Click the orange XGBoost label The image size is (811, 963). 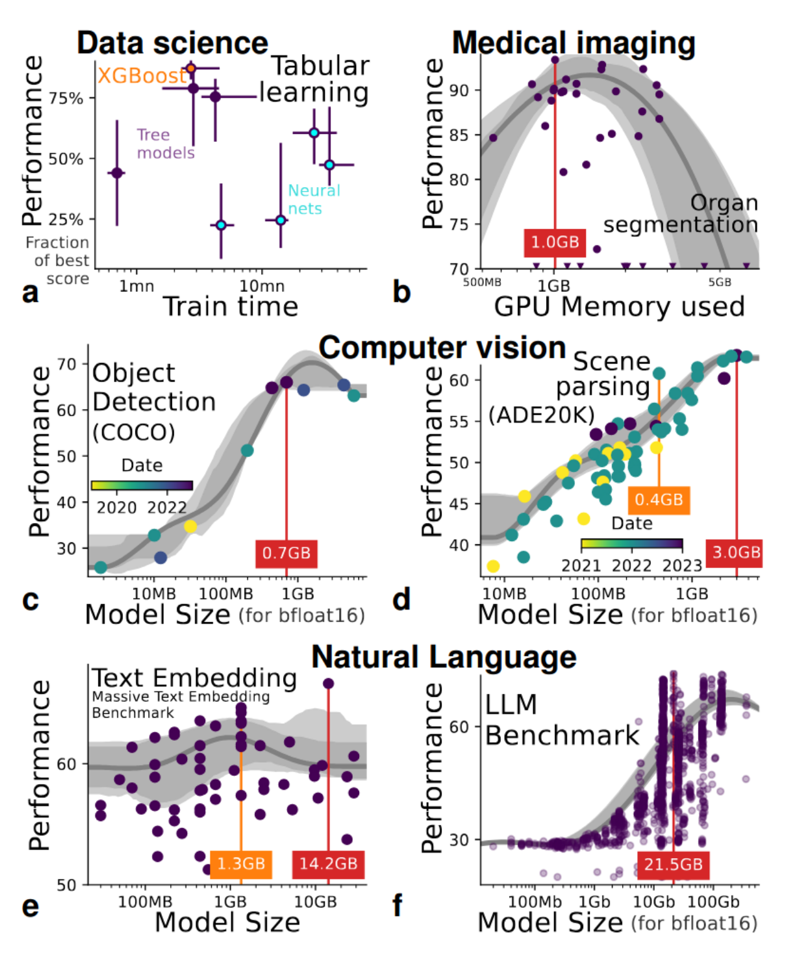pyautogui.click(x=142, y=76)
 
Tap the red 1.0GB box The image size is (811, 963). pyautogui.click(x=555, y=243)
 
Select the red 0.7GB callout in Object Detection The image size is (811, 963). pyautogui.click(x=286, y=553)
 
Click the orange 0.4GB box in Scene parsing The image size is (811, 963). pyautogui.click(x=658, y=500)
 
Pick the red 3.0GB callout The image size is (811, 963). pyautogui.click(x=736, y=552)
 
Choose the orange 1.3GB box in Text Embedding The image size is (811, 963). pyautogui.click(x=241, y=864)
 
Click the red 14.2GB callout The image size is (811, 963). pyautogui.click(x=328, y=864)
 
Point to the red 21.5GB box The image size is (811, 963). pyautogui.click(x=673, y=864)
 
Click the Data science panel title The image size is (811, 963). pyautogui.click(x=172, y=43)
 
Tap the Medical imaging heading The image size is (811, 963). pyautogui.click(x=573, y=43)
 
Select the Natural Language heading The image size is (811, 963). pyautogui.click(x=444, y=657)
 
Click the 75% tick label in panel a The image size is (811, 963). pyautogui.click(x=66, y=99)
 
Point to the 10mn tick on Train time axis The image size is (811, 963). pyautogui.click(x=262, y=286)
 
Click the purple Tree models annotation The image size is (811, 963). pyautogui.click(x=166, y=144)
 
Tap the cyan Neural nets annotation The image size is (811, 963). pyautogui.click(x=314, y=199)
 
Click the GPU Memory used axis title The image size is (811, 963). pyautogui.click(x=619, y=307)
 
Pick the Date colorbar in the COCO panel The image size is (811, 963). pyautogui.click(x=142, y=485)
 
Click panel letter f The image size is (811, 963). pyautogui.click(x=398, y=906)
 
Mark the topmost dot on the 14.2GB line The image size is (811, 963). pyautogui.click(x=328, y=684)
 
